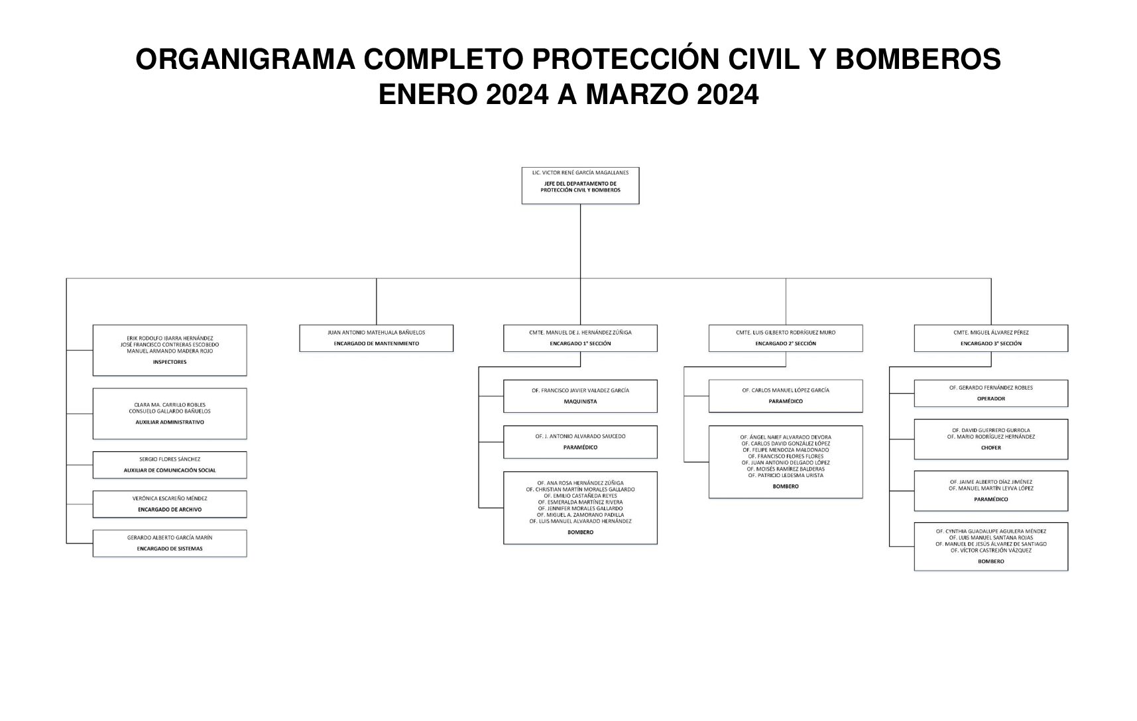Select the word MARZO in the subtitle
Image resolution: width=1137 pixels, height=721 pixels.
point(637,95)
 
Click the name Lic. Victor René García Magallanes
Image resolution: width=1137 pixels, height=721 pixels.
point(580,172)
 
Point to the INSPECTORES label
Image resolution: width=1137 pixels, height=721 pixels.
point(170,362)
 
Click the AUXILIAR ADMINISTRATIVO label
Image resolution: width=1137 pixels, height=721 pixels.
point(170,422)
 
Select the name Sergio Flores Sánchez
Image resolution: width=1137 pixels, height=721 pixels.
point(170,459)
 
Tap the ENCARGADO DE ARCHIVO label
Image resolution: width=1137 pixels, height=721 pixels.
point(170,510)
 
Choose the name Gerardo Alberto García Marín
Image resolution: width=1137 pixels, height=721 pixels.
point(170,537)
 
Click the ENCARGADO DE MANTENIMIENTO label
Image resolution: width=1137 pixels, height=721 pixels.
point(376,343)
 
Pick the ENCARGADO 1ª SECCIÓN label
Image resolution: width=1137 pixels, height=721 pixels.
point(580,343)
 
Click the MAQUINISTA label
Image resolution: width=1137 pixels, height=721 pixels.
point(580,402)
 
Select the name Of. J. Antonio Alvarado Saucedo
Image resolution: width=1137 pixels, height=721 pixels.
point(580,436)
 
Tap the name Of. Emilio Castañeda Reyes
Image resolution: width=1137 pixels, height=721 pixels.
point(580,496)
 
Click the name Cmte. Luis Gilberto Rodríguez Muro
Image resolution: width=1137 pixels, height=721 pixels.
point(786,332)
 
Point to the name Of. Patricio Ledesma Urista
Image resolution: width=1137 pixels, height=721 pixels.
point(786,475)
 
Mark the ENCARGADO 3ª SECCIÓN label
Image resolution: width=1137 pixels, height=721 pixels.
point(990,343)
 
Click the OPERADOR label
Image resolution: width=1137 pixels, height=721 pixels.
point(990,399)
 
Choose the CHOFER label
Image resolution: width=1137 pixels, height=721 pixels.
point(990,448)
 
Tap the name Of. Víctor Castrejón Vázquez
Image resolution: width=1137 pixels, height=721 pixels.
point(990,551)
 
